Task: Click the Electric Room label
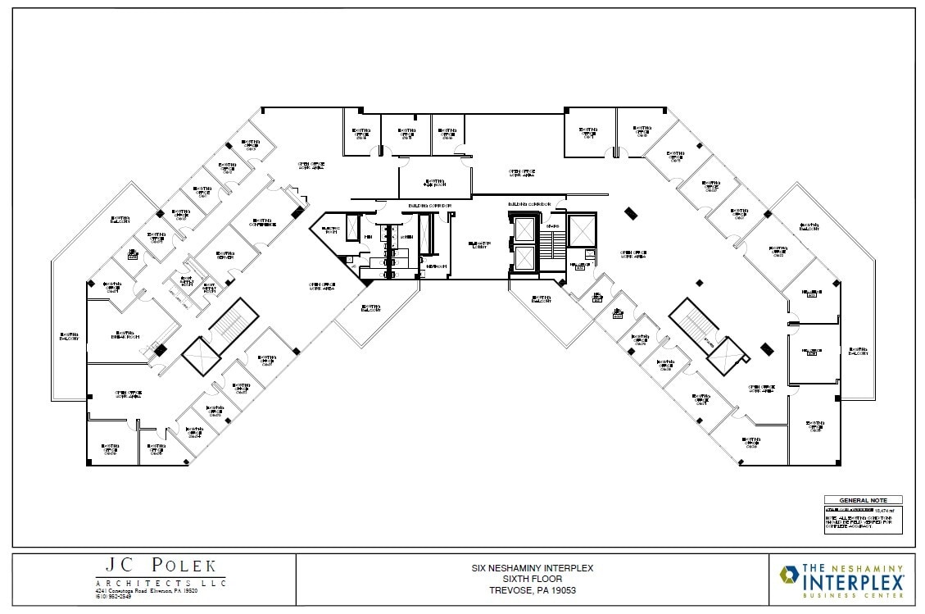click(331, 230)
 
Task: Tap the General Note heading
click(862, 500)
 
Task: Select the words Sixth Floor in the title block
click(532, 578)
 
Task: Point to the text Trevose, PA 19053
click(532, 589)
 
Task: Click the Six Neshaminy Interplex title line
click(532, 567)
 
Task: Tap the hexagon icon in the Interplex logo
click(791, 578)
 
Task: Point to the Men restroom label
click(368, 238)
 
